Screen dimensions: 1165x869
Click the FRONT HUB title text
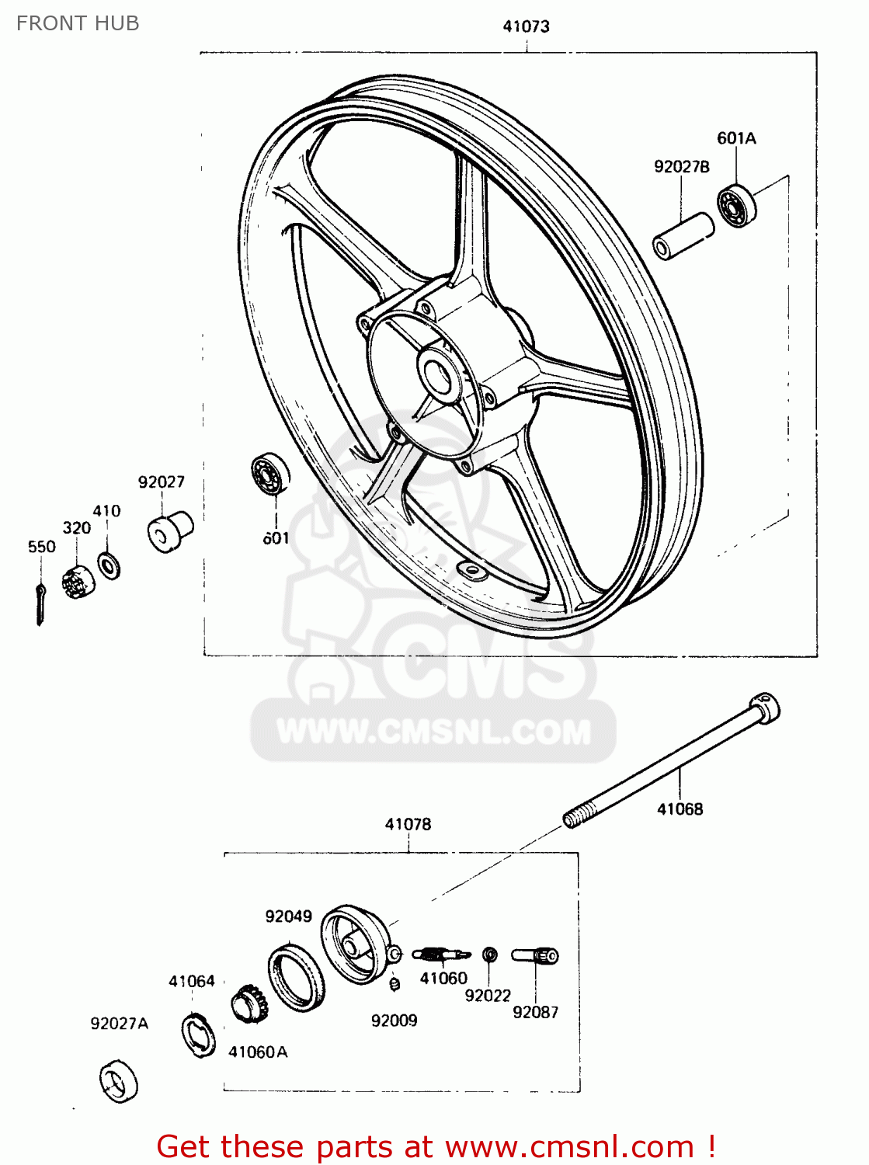pyautogui.click(x=78, y=23)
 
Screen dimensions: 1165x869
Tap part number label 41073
pyautogui.click(x=526, y=26)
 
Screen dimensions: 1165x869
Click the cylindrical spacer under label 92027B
pyautogui.click(x=683, y=236)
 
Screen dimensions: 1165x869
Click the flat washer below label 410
pyautogui.click(x=109, y=565)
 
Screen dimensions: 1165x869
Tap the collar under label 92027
pyautogui.click(x=169, y=531)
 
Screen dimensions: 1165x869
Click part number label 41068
pyautogui.click(x=680, y=809)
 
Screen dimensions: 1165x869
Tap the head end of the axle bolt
pyautogui.click(x=765, y=708)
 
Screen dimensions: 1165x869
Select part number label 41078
pyautogui.click(x=408, y=824)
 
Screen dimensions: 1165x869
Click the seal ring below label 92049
pyautogui.click(x=296, y=976)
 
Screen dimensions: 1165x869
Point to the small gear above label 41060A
pyautogui.click(x=249, y=1005)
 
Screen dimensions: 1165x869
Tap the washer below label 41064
pyautogui.click(x=199, y=1036)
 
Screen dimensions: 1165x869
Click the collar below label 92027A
pyautogui.click(x=119, y=1081)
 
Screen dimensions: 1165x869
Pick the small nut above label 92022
pyautogui.click(x=489, y=955)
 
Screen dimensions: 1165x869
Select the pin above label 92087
pyautogui.click(x=535, y=955)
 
